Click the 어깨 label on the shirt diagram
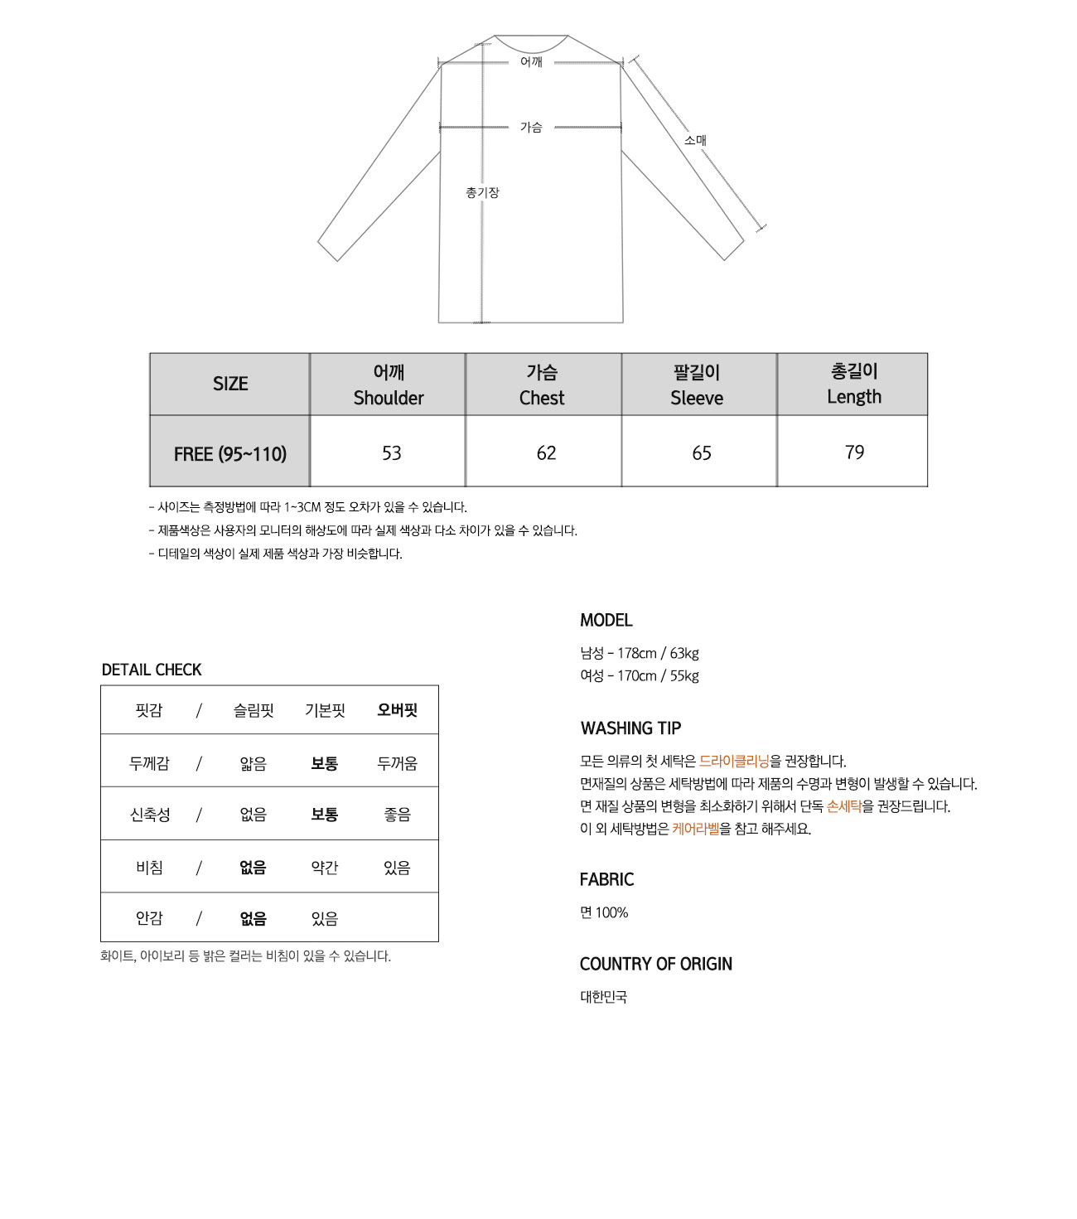click(531, 62)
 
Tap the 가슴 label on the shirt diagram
click(531, 127)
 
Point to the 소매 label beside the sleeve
click(695, 140)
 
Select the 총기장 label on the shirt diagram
click(482, 192)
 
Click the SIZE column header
click(230, 384)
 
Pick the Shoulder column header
click(389, 385)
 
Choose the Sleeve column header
click(697, 385)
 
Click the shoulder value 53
click(391, 453)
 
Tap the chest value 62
click(546, 453)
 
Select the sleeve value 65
click(702, 453)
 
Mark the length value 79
click(854, 452)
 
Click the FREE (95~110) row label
click(230, 454)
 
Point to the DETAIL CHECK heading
click(152, 670)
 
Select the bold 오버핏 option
click(397, 710)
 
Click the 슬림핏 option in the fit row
click(254, 710)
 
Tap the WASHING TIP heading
click(630, 728)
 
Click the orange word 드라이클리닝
click(734, 761)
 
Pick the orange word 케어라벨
click(696, 829)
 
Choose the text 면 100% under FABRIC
click(604, 912)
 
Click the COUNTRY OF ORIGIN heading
click(656, 964)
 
